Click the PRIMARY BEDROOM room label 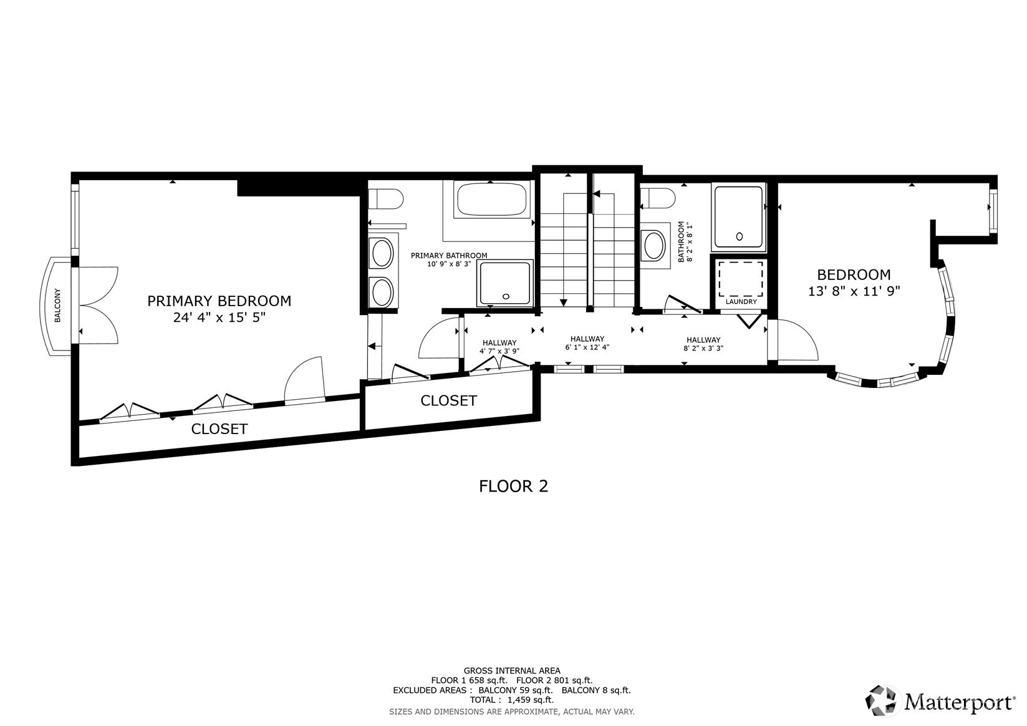tap(219, 301)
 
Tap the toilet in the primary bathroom tap(385, 199)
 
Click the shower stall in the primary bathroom tap(505, 283)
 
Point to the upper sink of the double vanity tap(382, 254)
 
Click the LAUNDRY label tap(741, 302)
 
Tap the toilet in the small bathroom tap(658, 199)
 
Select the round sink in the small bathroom tap(654, 245)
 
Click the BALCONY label tap(57, 305)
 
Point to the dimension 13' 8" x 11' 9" tap(854, 291)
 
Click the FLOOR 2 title tap(513, 486)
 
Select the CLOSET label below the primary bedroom tap(219, 429)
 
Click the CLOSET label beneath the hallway tap(448, 400)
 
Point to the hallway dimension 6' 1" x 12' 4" tap(587, 347)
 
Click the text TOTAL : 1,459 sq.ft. tap(512, 700)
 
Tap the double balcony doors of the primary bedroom tap(99, 305)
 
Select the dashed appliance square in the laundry tap(741, 278)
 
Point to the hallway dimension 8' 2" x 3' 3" tap(703, 349)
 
